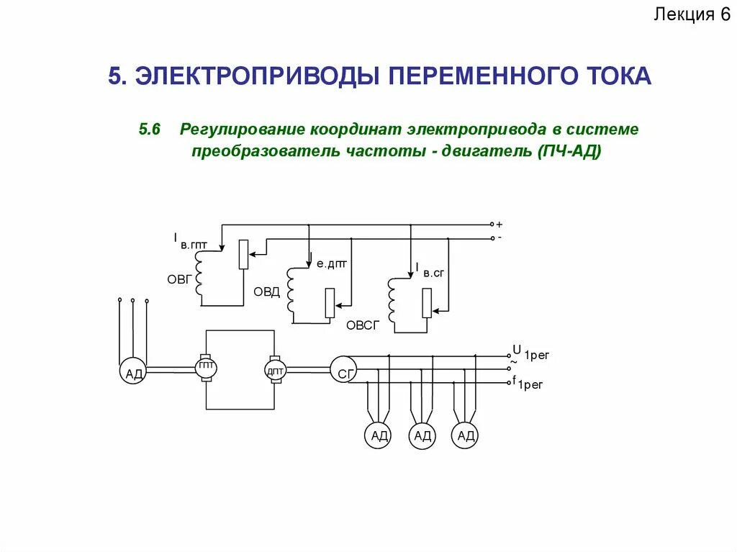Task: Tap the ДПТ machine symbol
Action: click(275, 369)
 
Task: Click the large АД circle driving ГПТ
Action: click(133, 371)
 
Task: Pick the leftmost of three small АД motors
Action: click(379, 435)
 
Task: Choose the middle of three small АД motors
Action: click(422, 435)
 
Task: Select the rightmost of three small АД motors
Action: click(466, 435)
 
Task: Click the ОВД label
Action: click(266, 291)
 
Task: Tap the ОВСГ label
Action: click(362, 325)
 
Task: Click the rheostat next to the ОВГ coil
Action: click(243, 254)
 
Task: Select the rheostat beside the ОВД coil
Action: click(330, 302)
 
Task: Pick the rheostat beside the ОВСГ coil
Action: click(427, 302)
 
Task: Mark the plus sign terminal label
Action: click(499, 225)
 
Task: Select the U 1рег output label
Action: click(529, 353)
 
